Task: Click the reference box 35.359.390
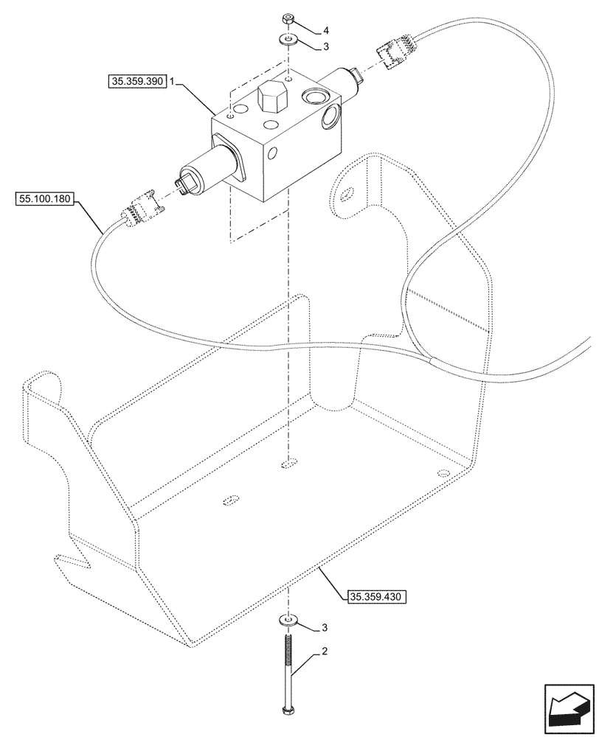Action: (136, 83)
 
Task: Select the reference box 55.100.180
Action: (44, 198)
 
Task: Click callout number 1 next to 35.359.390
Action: (172, 83)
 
